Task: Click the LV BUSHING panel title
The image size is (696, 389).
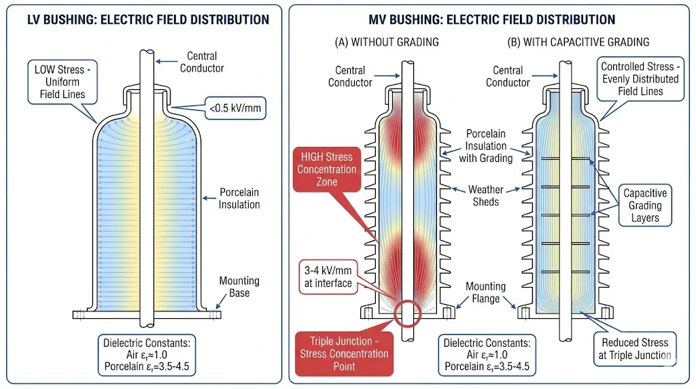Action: [x=148, y=20]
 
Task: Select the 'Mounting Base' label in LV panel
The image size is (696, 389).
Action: [x=239, y=287]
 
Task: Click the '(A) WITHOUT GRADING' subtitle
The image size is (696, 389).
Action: [x=387, y=42]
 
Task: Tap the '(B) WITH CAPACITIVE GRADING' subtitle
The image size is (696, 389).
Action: [x=578, y=42]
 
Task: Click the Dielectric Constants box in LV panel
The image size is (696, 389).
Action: [x=147, y=354]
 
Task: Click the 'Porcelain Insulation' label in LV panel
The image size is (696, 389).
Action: [x=240, y=198]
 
